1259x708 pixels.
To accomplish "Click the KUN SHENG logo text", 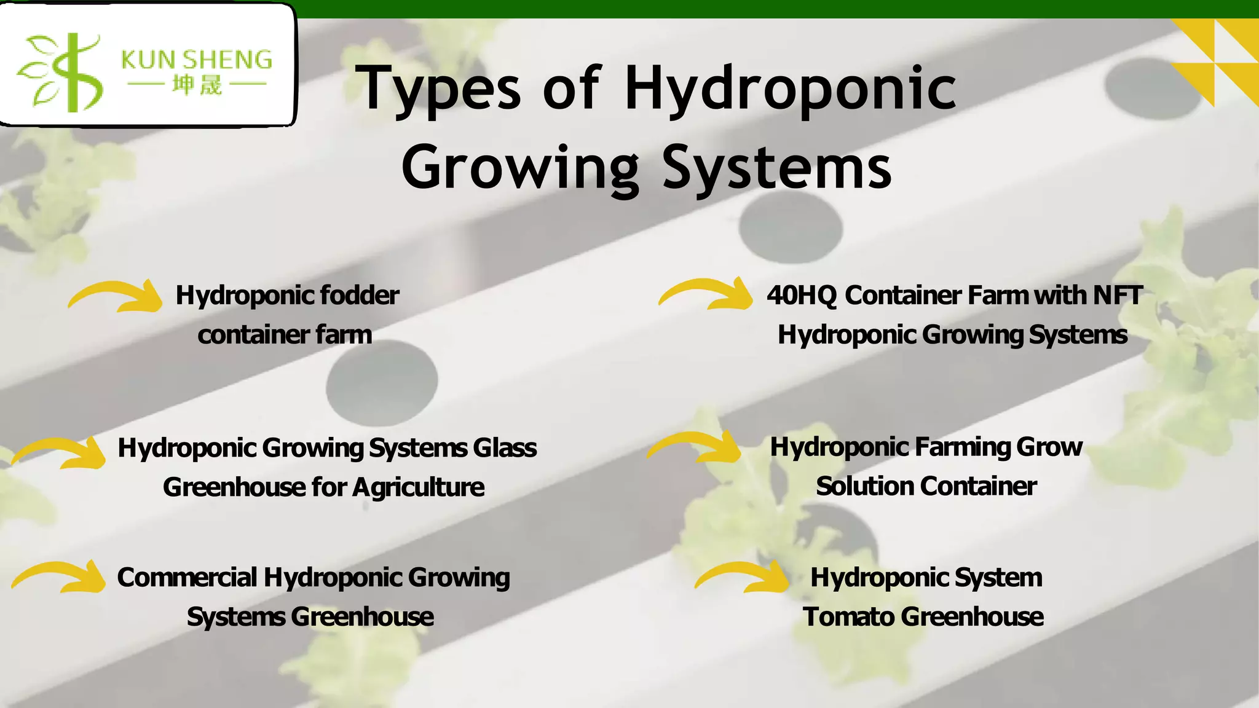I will click(x=197, y=60).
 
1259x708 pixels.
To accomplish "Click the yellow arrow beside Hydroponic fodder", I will click(x=116, y=296).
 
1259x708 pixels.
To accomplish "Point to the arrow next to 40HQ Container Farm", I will click(x=706, y=294).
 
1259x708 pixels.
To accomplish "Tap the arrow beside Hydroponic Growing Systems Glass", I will click(x=60, y=454).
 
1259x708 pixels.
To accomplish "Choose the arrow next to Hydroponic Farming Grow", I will click(x=695, y=447).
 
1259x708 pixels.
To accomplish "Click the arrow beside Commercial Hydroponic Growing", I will click(x=60, y=578).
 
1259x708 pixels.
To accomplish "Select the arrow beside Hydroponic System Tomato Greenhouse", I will click(x=743, y=578).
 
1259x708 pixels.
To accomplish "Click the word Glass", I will click(x=505, y=448).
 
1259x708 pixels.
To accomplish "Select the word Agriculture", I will click(x=419, y=487).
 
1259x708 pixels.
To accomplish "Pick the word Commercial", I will click(x=187, y=578).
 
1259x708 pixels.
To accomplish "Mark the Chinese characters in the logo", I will click(x=197, y=85).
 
